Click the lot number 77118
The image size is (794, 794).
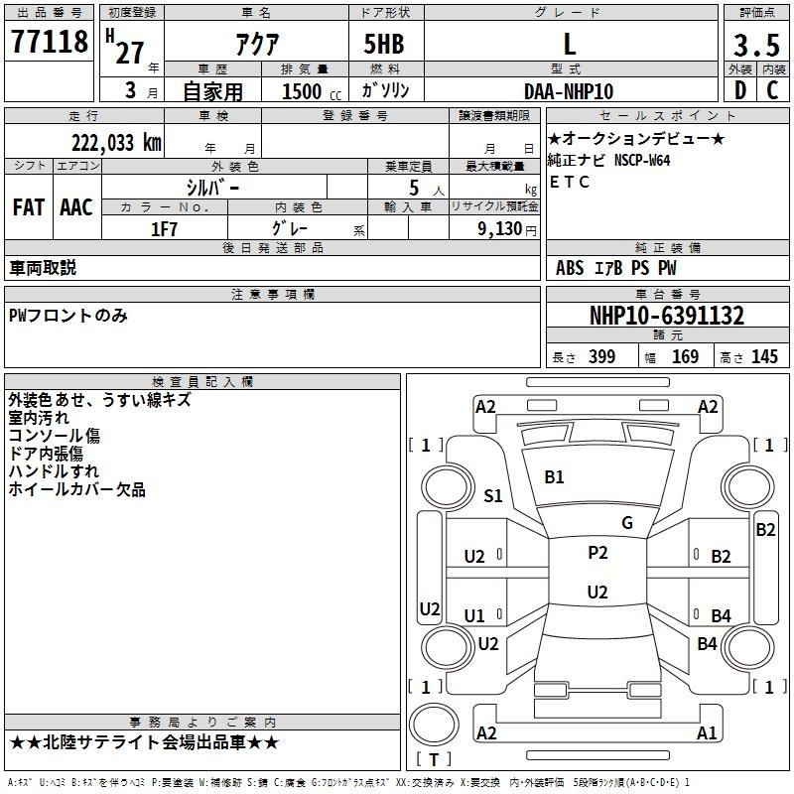[x=49, y=42]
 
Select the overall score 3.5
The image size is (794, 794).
[x=756, y=45]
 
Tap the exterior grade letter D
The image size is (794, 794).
[x=740, y=90]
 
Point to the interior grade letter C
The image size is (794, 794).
[x=772, y=90]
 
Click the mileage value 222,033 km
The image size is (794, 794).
[x=116, y=143]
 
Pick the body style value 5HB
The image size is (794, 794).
[x=384, y=44]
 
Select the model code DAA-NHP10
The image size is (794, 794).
[x=569, y=91]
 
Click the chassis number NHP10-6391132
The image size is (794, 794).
[x=667, y=316]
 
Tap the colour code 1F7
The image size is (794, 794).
[x=164, y=229]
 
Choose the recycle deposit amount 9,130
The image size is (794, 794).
[x=500, y=229]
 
